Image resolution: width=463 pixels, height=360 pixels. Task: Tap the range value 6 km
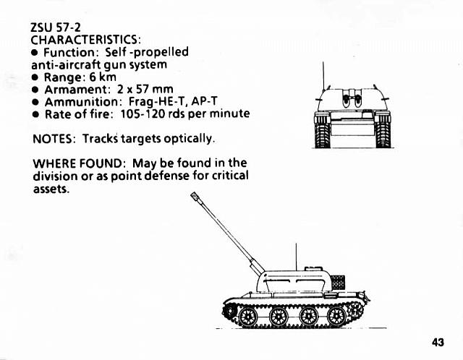103,77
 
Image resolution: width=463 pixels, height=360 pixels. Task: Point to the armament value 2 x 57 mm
147,90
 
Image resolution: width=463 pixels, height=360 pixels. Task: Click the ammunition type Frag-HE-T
156,102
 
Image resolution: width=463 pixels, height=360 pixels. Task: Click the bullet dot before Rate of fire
35,114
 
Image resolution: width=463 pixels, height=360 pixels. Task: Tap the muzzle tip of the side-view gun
194,195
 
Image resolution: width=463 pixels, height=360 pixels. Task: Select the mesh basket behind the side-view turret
337,281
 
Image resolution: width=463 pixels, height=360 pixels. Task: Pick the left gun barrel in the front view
346,100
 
